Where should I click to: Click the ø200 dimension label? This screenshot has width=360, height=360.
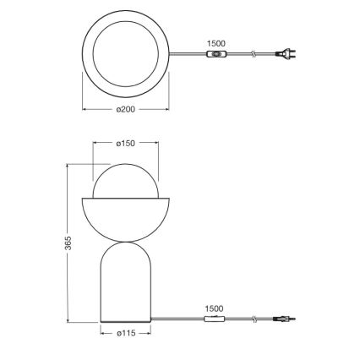pos(125,109)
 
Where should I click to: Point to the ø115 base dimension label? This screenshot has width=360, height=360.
pos(126,334)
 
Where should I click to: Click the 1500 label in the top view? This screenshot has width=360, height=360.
pos(216,43)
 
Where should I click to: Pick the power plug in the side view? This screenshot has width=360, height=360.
pos(286,319)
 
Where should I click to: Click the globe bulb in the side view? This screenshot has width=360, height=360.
pos(125,179)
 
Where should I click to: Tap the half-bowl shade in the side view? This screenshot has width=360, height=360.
pos(125,216)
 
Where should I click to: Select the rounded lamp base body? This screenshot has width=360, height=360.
pos(125,283)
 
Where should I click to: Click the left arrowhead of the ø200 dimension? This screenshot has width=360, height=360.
pos(84,109)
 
